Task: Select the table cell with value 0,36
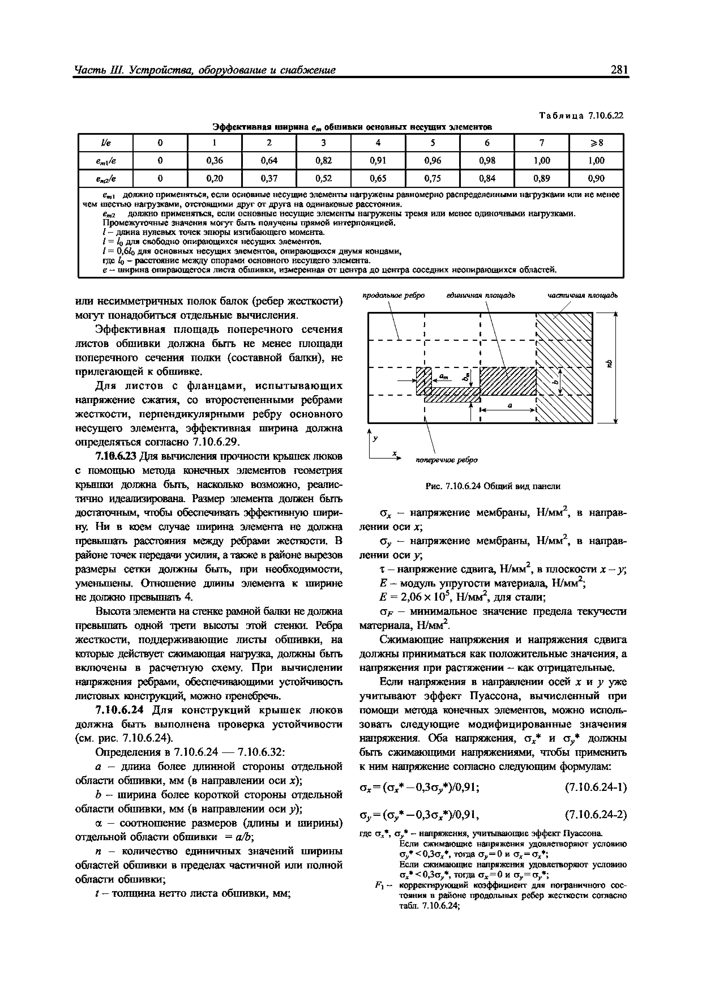tap(215, 160)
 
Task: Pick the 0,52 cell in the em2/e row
tap(324, 178)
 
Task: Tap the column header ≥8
tap(596, 143)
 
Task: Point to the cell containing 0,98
tap(487, 160)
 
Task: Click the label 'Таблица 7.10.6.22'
tap(581, 116)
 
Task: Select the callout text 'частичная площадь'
tap(582, 296)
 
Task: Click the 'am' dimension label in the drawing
tap(443, 377)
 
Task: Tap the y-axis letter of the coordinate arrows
tap(375, 438)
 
